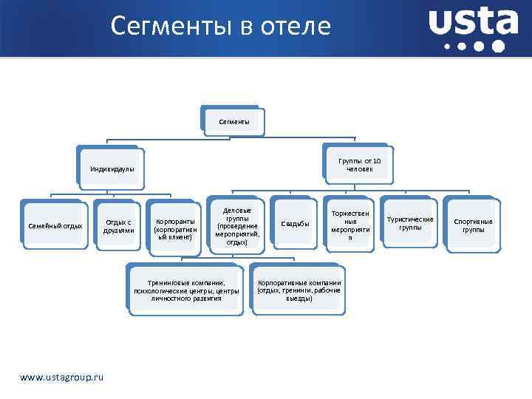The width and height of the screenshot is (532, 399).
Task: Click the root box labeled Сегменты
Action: coord(233,120)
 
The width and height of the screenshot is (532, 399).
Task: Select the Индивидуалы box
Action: coord(112,168)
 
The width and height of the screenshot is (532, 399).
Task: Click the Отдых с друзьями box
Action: coord(119,225)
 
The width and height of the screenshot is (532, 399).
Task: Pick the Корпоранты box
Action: coord(175,229)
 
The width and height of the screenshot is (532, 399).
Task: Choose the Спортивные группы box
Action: coord(473,225)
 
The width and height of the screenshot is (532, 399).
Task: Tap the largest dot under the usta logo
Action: coord(498,47)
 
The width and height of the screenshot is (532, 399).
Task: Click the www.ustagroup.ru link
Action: coord(62,378)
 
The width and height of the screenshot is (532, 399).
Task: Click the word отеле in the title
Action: coord(294,27)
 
